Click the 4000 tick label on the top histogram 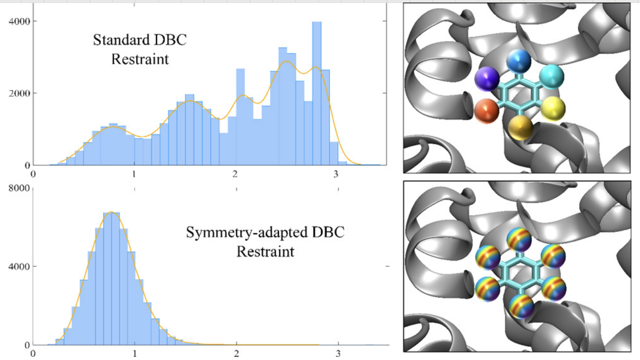coord(19,22)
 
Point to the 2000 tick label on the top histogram coord(19,93)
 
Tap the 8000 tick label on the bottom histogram coord(19,188)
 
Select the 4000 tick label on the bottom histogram coord(19,266)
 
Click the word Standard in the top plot coord(121,40)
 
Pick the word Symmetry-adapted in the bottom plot coord(247,232)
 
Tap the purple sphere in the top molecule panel coord(487,78)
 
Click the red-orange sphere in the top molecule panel coord(486,110)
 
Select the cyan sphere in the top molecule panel coord(552,77)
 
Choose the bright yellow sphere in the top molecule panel coord(553,109)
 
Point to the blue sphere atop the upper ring coord(519,61)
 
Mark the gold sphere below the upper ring coord(520,128)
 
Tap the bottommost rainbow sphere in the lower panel coord(521,307)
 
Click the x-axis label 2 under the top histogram coord(235,174)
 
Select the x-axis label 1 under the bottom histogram coord(135,353)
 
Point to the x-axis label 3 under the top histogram coord(336,174)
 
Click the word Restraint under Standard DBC coord(140,59)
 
